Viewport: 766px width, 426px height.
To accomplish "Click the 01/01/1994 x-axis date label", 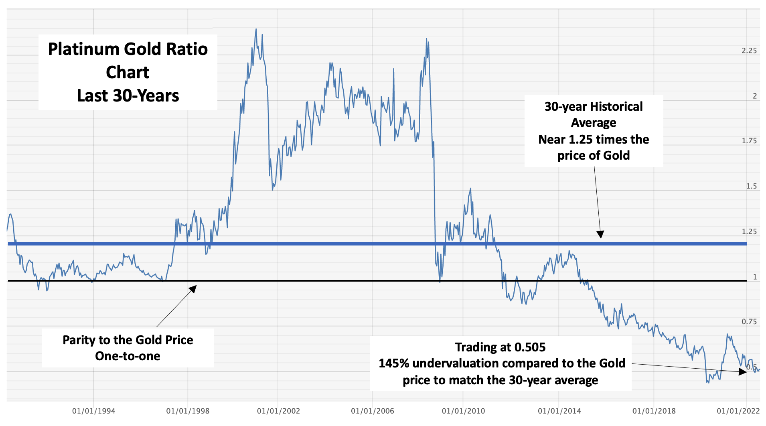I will click(x=93, y=411).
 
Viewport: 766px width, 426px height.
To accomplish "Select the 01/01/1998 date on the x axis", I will click(x=188, y=411).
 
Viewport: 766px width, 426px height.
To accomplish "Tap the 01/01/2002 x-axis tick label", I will click(x=278, y=411).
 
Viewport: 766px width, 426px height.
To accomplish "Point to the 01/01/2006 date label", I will click(x=372, y=411).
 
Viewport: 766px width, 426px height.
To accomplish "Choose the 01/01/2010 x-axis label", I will click(x=463, y=411).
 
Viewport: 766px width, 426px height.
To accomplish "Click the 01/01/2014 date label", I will click(x=559, y=411).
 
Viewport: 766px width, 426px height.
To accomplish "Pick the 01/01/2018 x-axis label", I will click(x=654, y=411).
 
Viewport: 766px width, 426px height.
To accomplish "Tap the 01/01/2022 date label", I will click(x=738, y=411).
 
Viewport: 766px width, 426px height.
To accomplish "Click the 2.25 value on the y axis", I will click(x=749, y=51).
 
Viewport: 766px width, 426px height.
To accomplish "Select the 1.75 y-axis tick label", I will click(x=749, y=141).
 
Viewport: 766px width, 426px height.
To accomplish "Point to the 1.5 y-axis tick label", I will click(x=751, y=186).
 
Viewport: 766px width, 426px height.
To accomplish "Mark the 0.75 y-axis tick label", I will click(x=749, y=322).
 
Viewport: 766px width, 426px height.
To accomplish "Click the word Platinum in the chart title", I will click(x=83, y=49).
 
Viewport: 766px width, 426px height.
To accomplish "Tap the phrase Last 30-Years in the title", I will click(x=128, y=96).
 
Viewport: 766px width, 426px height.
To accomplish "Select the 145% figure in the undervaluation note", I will click(x=394, y=363).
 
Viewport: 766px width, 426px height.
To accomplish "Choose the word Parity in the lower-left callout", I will click(x=79, y=340).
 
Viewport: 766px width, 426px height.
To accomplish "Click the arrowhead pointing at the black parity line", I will click(x=194, y=288).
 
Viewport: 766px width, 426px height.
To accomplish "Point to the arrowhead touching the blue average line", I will click(x=600, y=235).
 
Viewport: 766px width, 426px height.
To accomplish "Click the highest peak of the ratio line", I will click(x=256, y=29).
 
